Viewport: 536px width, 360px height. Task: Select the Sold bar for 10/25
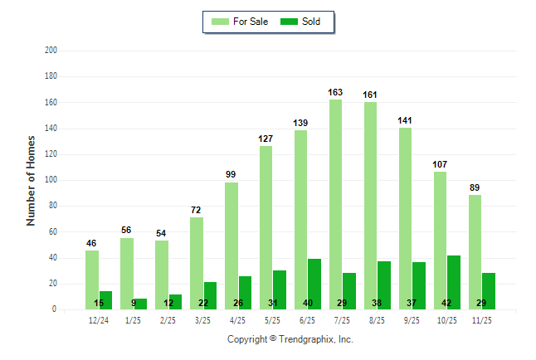click(x=454, y=282)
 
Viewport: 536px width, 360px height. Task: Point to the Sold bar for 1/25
click(x=140, y=304)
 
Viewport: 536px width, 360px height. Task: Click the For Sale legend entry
click(x=236, y=21)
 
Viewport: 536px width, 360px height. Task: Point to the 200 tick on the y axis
click(x=51, y=51)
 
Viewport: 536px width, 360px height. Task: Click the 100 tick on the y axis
click(x=51, y=180)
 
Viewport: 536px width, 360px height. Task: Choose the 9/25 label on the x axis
click(x=412, y=319)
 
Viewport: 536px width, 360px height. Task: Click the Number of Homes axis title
click(x=32, y=180)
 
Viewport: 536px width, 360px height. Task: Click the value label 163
click(x=335, y=93)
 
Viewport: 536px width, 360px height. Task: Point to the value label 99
click(x=231, y=175)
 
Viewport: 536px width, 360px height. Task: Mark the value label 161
click(x=370, y=95)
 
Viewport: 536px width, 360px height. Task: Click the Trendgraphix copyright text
click(x=290, y=339)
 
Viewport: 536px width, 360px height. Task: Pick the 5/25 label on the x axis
click(x=273, y=319)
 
